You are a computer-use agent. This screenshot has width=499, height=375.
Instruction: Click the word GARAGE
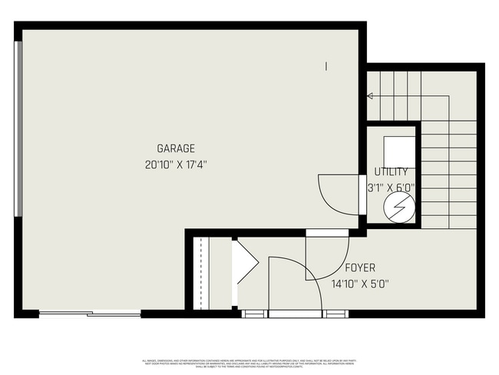[176, 148]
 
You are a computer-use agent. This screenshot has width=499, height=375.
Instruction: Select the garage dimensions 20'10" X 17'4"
[176, 164]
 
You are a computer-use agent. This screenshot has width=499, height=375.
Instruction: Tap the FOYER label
[359, 268]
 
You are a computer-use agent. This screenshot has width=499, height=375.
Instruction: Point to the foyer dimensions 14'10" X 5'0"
[359, 284]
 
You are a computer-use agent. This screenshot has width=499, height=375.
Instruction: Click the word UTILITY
[391, 172]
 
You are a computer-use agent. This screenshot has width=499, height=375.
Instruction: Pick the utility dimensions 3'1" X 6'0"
[391, 187]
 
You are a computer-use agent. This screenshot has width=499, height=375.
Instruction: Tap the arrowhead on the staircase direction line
[370, 96]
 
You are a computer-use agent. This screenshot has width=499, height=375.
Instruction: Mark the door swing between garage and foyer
[322, 257]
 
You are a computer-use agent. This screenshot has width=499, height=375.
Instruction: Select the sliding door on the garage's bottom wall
[90, 314]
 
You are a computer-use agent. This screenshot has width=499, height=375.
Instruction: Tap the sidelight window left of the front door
[253, 314]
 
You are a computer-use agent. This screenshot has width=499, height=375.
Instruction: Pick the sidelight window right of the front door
[335, 314]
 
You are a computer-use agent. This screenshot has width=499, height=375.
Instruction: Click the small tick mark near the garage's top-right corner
[326, 67]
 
